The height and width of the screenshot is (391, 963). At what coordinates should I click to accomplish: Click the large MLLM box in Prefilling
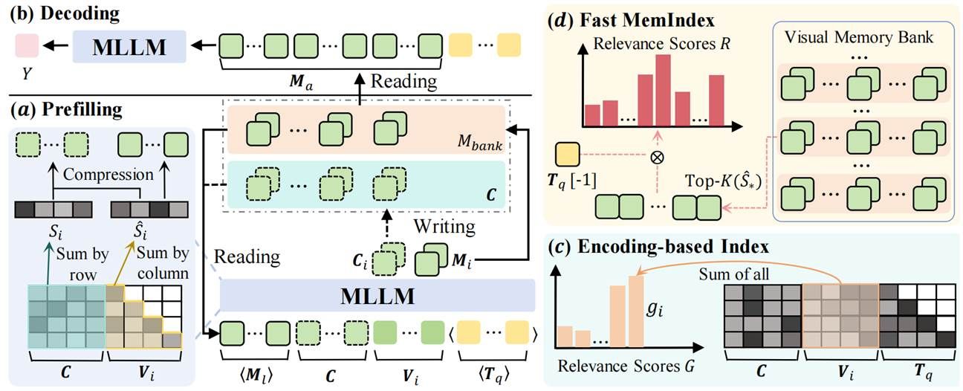tap(377, 295)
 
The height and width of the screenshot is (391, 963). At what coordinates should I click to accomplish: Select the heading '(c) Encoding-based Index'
tap(646, 246)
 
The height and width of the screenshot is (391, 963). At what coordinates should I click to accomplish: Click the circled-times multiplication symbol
tap(657, 158)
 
